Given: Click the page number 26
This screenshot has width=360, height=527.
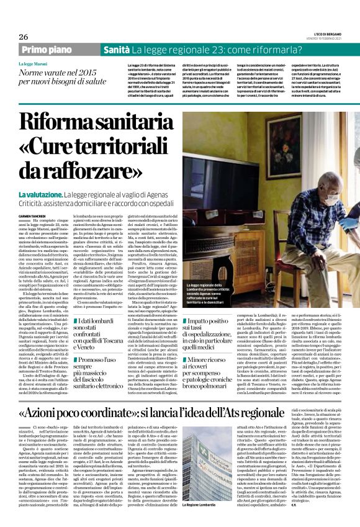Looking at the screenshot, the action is (x=24, y=37).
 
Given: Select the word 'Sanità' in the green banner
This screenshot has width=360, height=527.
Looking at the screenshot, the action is (x=116, y=49).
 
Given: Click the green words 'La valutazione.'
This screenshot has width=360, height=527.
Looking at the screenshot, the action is (x=40, y=196).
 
